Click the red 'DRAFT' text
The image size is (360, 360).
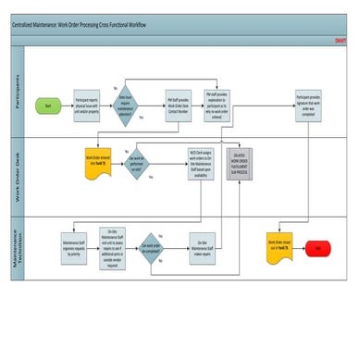(341, 41)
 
